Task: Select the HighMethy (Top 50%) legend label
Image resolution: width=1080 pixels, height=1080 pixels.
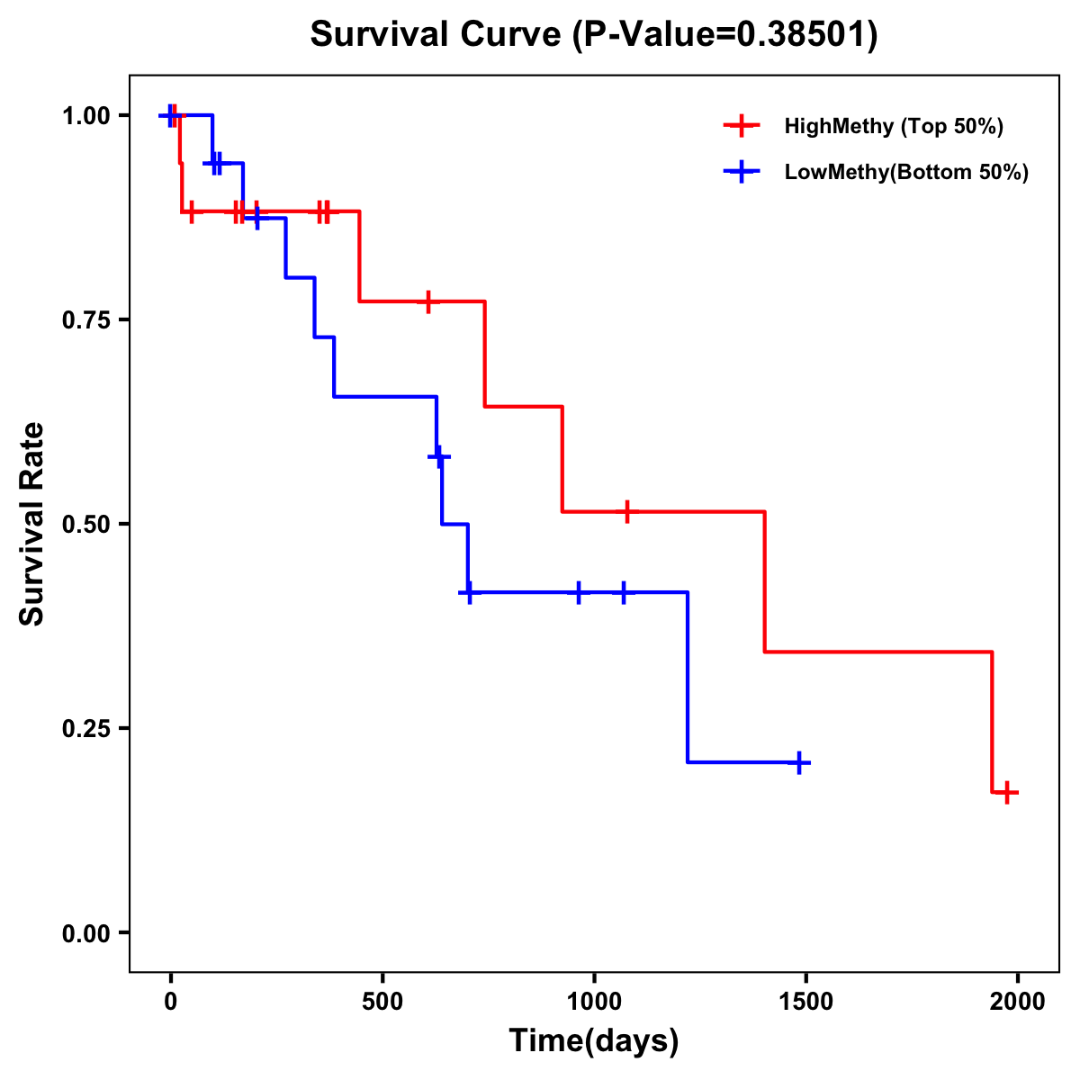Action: point(894,126)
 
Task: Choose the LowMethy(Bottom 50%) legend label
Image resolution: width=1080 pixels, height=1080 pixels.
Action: point(906,172)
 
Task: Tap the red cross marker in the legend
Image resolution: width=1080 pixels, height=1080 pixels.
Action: point(742,126)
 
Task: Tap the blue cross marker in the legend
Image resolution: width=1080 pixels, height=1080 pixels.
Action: point(742,172)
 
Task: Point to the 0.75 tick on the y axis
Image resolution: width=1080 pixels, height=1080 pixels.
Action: point(86,319)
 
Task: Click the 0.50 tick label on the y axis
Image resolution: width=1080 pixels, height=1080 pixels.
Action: point(86,524)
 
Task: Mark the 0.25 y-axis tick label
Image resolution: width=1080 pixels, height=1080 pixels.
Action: point(86,728)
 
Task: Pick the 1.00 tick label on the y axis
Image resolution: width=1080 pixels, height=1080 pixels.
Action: point(86,115)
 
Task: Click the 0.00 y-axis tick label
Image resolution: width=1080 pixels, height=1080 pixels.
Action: point(86,932)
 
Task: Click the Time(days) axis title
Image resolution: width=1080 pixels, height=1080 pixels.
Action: point(594,1041)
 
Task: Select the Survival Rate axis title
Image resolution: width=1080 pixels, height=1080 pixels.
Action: point(32,524)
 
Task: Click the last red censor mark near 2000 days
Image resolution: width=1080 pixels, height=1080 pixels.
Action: point(1007,793)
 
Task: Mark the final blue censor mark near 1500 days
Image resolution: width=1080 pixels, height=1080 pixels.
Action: point(797,762)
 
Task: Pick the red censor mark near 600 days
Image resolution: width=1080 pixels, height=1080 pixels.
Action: point(428,301)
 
